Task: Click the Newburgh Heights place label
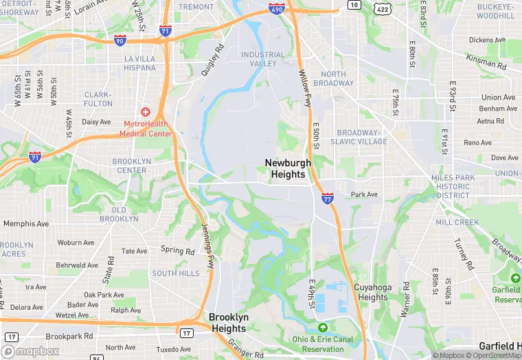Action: [288, 168]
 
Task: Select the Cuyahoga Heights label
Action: [372, 292]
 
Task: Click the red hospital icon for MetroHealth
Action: [146, 111]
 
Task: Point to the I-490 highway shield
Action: [276, 11]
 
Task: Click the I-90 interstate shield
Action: [120, 41]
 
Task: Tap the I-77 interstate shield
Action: [328, 199]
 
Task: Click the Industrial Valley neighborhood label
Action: [262, 59]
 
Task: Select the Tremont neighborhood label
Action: [196, 7]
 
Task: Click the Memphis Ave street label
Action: [26, 224]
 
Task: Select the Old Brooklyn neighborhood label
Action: [119, 214]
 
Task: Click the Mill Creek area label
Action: [457, 223]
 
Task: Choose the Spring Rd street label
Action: [177, 250]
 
